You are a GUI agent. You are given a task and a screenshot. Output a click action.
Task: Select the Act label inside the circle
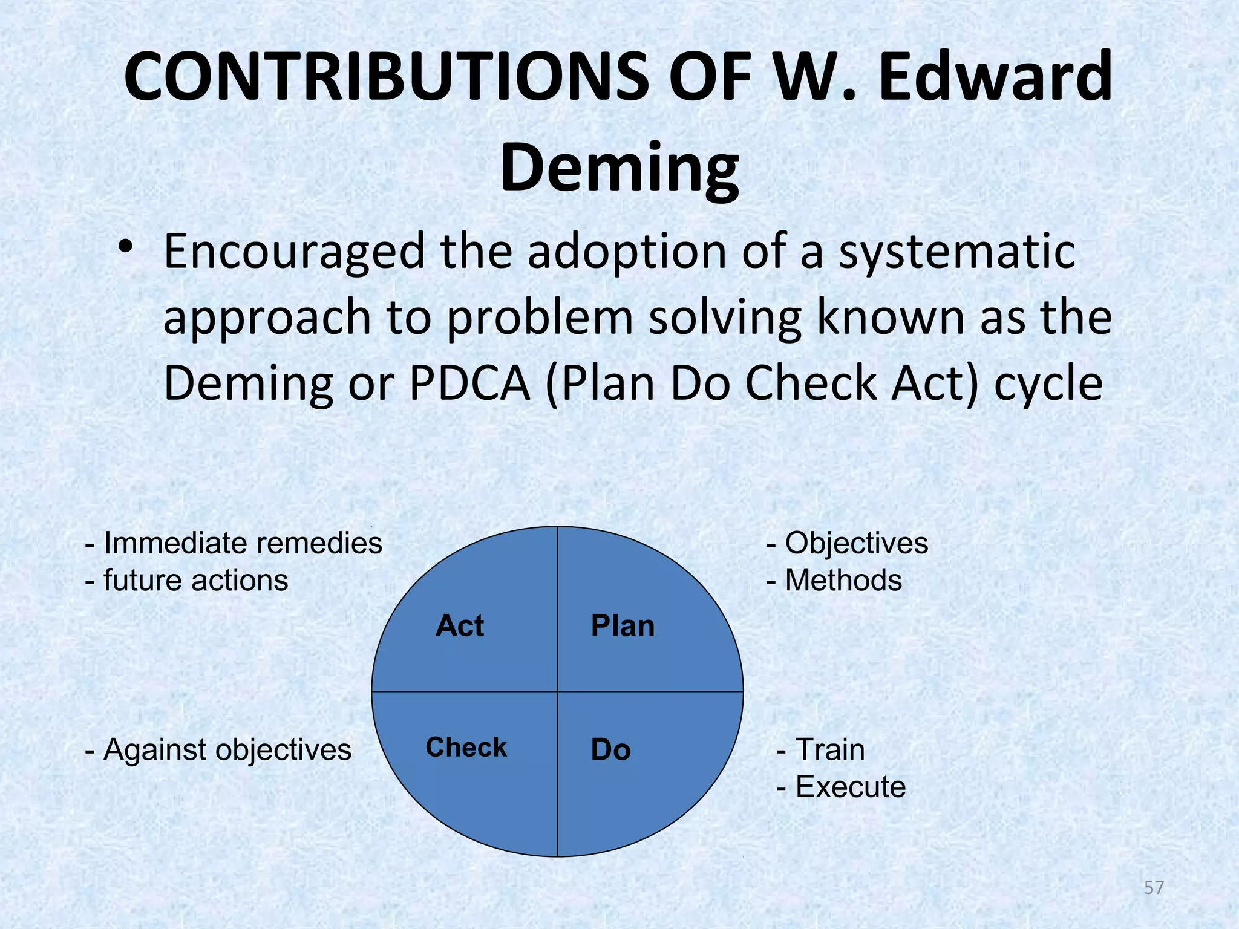pos(460,625)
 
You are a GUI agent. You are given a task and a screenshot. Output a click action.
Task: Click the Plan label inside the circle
pos(623,625)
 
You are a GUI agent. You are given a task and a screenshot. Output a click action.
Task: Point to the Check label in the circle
pos(466,748)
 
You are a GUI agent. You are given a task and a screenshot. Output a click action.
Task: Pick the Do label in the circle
pos(610,750)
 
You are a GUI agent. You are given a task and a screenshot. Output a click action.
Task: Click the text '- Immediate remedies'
pos(234,543)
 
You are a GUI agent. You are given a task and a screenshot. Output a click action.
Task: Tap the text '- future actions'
pos(186,580)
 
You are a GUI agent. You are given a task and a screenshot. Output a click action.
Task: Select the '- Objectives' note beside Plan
pos(847,543)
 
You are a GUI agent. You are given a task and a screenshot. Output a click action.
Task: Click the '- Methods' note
pos(834,580)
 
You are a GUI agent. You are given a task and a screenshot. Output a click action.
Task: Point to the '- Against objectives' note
pos(218,750)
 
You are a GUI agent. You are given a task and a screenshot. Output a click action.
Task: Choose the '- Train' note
pos(820,750)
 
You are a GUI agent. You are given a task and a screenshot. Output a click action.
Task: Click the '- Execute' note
pos(841,787)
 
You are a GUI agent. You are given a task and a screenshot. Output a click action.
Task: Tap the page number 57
pos(1154,888)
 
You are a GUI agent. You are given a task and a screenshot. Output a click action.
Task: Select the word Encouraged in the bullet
pos(295,253)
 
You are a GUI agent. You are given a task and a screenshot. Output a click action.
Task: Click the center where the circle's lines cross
pos(557,691)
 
